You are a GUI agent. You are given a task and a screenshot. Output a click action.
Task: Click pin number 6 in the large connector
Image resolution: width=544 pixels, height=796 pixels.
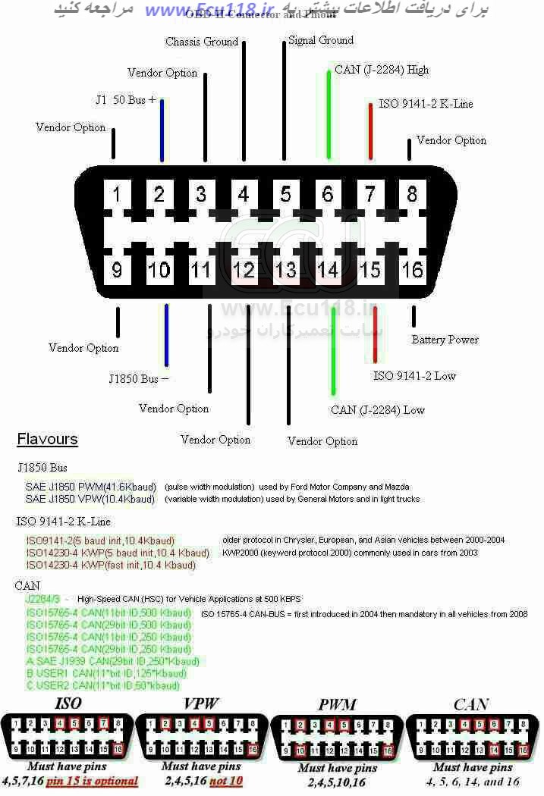(x=328, y=195)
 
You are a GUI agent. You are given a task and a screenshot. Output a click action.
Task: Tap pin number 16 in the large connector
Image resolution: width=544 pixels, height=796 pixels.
(x=412, y=269)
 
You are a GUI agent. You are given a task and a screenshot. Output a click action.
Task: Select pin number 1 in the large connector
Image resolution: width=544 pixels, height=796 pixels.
(x=117, y=195)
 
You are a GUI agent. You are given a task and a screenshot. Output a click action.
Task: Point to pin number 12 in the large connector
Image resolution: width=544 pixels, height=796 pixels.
(x=244, y=269)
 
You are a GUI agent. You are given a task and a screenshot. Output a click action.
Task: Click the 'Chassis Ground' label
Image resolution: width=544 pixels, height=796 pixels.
(x=202, y=42)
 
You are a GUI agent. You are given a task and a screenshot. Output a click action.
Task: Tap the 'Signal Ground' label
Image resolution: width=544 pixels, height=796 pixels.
(x=321, y=40)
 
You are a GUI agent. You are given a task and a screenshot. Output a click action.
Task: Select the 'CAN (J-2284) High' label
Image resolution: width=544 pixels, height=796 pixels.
(x=382, y=70)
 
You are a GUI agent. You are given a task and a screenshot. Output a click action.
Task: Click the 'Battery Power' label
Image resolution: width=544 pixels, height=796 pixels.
(x=445, y=340)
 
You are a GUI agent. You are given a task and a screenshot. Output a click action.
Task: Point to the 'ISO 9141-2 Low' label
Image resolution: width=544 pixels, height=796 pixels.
(x=414, y=376)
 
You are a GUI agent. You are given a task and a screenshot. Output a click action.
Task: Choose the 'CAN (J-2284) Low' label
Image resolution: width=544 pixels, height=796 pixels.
(x=378, y=410)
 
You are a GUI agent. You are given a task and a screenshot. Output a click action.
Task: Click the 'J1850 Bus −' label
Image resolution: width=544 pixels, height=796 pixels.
(x=139, y=378)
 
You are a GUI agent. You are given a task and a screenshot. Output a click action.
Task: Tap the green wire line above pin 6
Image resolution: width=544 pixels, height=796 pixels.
(x=329, y=114)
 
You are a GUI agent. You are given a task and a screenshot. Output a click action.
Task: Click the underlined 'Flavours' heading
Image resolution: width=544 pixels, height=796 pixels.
(x=47, y=439)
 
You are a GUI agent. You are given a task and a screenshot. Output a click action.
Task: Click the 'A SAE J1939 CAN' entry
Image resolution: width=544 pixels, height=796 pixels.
(x=113, y=661)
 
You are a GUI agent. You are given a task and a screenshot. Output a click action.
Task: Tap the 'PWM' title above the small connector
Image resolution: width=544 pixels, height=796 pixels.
(x=338, y=705)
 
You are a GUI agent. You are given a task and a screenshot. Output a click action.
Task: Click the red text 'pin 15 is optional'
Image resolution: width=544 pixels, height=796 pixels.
(x=93, y=780)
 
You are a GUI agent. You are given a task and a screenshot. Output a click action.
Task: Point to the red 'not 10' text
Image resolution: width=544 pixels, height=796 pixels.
(x=227, y=780)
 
